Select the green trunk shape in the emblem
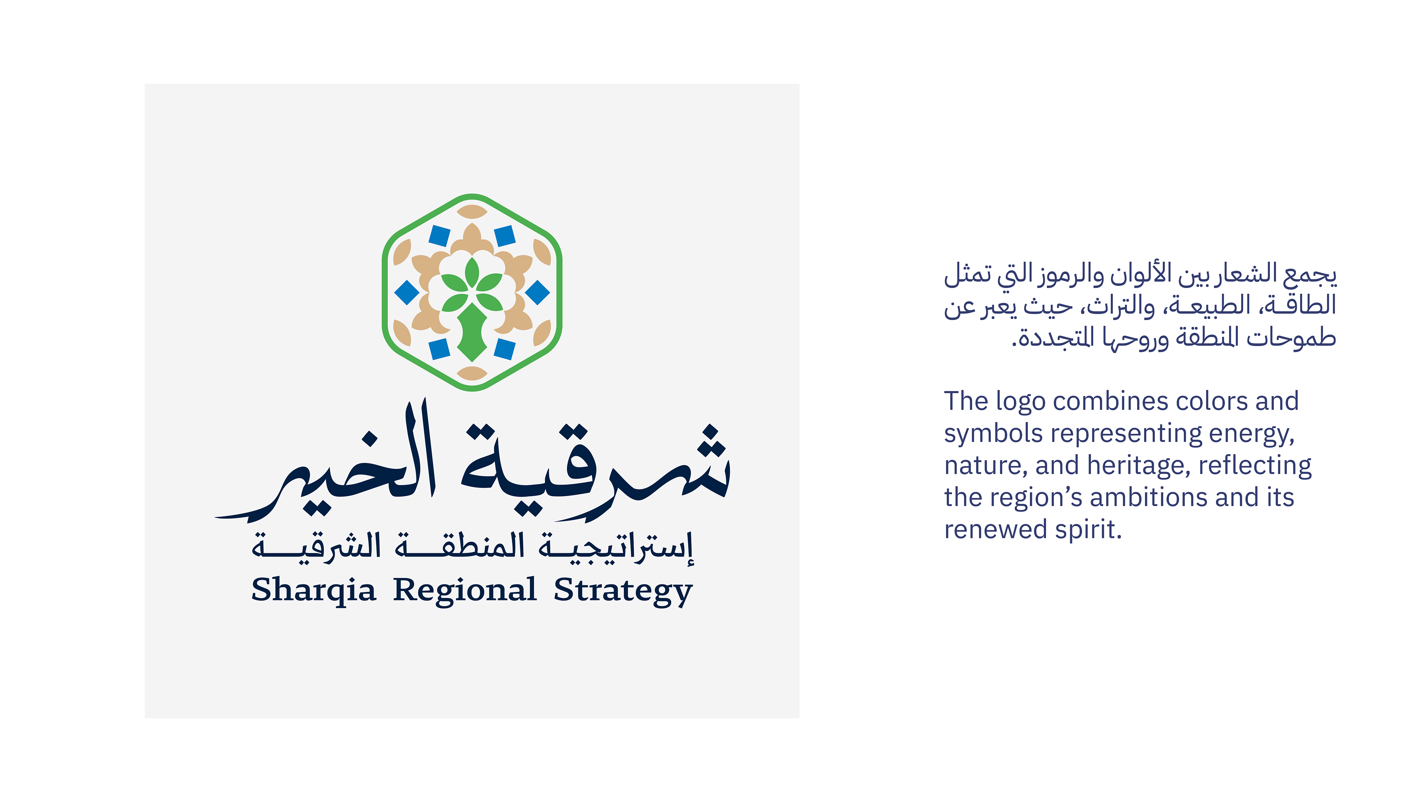pyautogui.click(x=472, y=332)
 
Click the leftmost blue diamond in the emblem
pyautogui.click(x=407, y=292)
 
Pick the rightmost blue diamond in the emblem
pyautogui.click(x=537, y=292)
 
